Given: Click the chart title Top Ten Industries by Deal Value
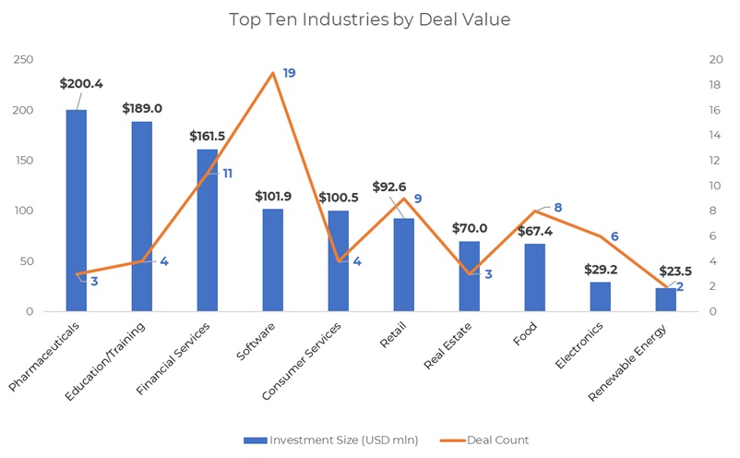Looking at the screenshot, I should click(369, 19).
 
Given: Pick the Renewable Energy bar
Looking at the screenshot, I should click(665, 300).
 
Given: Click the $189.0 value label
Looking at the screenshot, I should click(142, 109).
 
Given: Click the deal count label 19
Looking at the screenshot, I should click(289, 73).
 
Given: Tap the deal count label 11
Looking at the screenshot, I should click(227, 173).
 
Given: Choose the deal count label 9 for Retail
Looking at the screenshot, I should click(418, 199).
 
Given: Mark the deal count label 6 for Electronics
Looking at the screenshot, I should click(615, 236).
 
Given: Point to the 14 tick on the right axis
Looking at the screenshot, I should click(713, 136).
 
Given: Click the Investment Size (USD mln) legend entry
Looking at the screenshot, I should click(329, 440).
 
